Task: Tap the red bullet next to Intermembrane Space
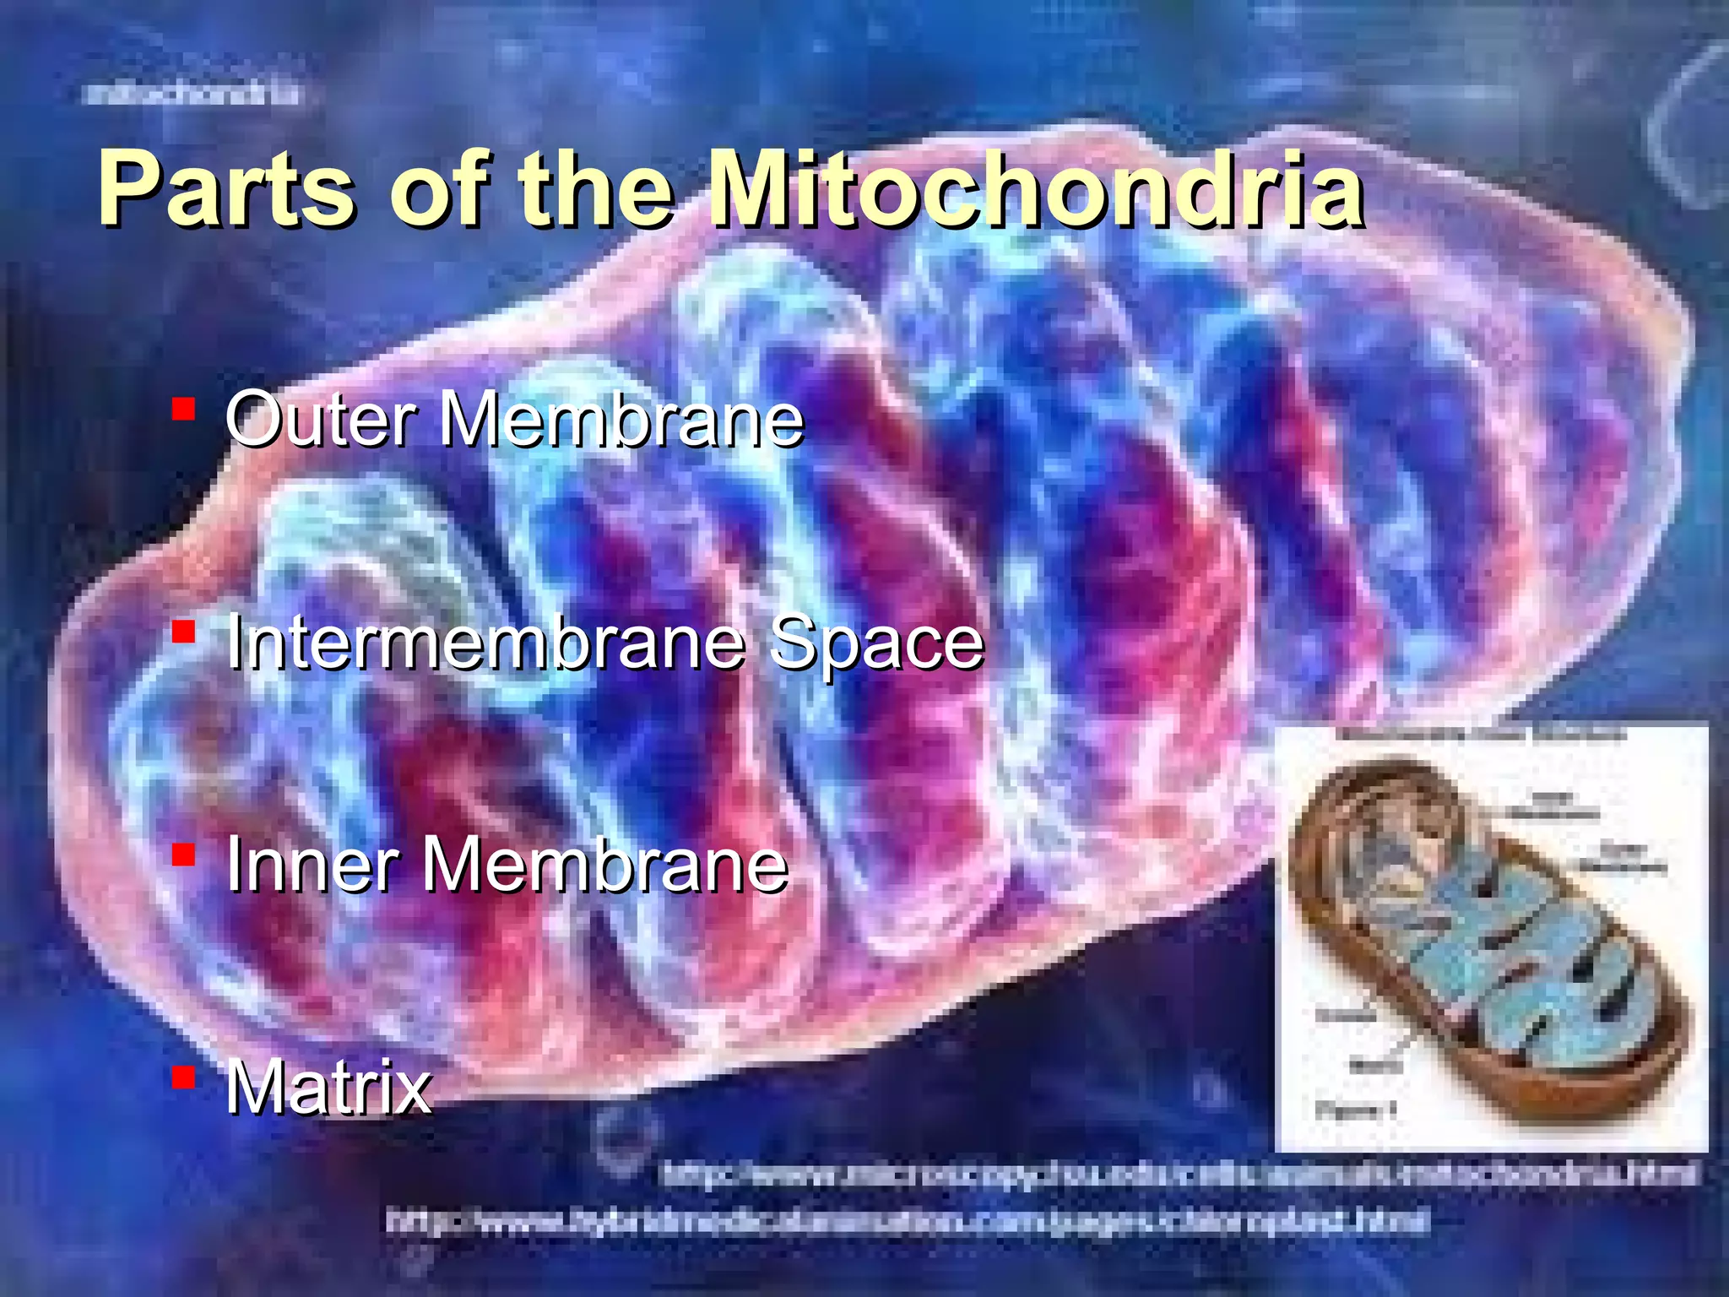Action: pos(183,632)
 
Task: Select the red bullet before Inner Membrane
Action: pos(183,855)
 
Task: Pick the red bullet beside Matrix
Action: pos(183,1077)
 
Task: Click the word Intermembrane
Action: pos(485,643)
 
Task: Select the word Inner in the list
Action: pos(312,865)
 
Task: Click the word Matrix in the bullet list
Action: pos(328,1087)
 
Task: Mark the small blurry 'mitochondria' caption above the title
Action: pos(192,93)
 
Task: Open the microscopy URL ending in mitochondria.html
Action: pos(1179,1174)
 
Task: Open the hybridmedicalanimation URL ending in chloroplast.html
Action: pos(908,1220)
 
